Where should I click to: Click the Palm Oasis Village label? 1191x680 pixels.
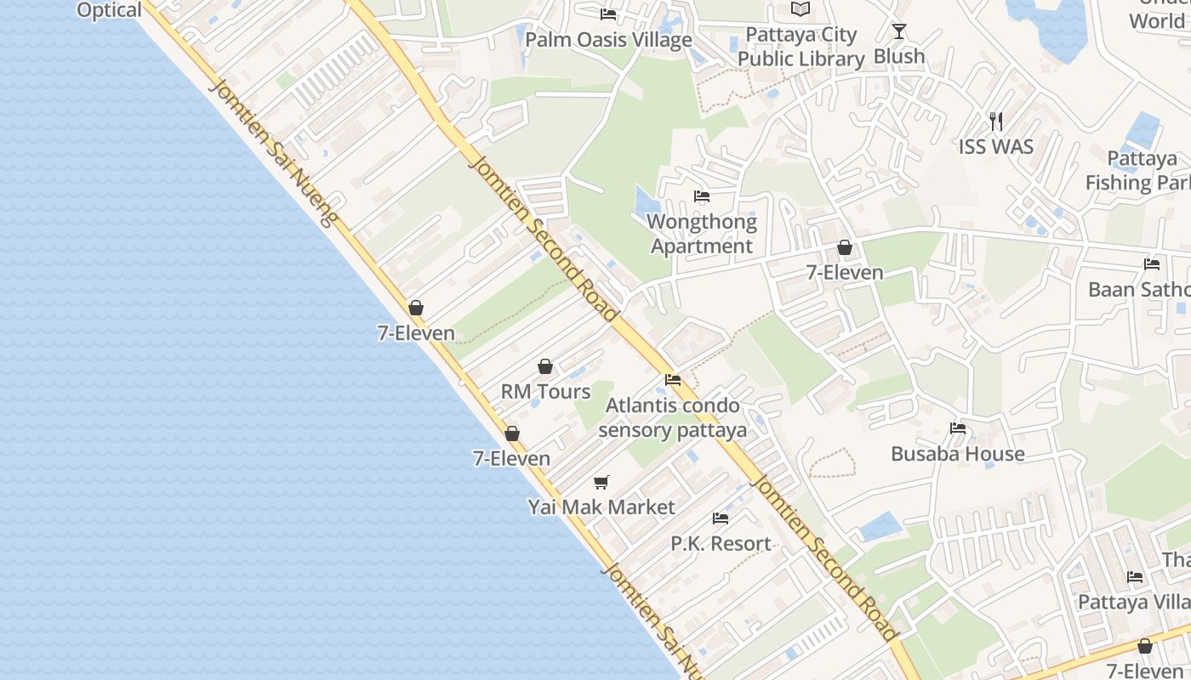(x=608, y=40)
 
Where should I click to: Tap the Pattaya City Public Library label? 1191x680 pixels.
(x=801, y=47)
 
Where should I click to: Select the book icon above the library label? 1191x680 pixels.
(x=801, y=9)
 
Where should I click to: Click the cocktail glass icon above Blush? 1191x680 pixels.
(x=899, y=31)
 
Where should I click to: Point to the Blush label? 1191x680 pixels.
(x=899, y=56)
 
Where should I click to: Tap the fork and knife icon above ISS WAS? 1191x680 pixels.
(x=996, y=122)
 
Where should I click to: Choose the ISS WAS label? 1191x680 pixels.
(x=996, y=147)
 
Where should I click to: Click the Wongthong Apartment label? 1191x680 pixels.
(x=702, y=234)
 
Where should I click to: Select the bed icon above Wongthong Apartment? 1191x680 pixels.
(x=702, y=196)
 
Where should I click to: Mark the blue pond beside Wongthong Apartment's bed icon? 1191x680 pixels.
(x=647, y=202)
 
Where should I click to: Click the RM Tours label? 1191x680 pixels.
(x=545, y=392)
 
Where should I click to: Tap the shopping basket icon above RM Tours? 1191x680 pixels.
(x=545, y=366)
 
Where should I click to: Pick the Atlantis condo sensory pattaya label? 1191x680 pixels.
(x=672, y=417)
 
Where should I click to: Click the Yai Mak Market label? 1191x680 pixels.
(x=601, y=507)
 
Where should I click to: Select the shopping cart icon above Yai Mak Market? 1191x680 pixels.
(x=601, y=483)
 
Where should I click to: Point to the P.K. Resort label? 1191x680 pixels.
(x=721, y=544)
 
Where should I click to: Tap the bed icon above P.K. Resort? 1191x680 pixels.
(x=721, y=518)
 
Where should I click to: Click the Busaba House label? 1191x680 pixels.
(x=958, y=454)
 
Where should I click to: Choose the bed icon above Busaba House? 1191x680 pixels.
(x=958, y=428)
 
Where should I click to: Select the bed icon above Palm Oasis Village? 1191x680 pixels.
(x=608, y=14)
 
